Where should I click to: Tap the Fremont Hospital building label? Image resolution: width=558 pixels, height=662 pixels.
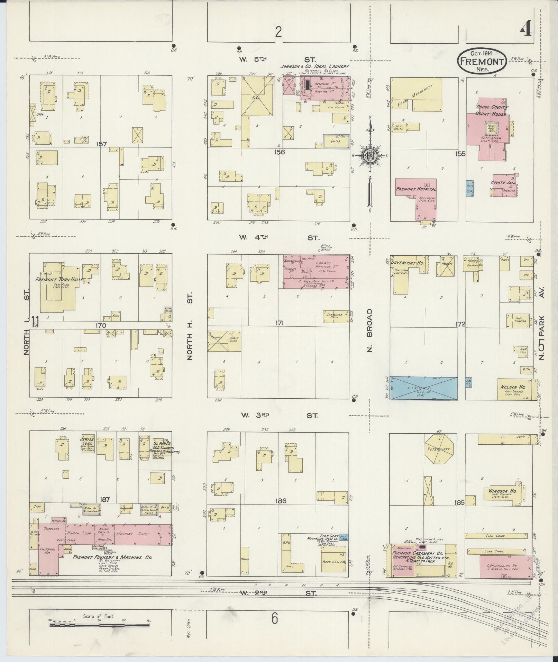click(416, 189)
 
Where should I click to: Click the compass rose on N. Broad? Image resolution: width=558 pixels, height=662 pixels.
click(370, 157)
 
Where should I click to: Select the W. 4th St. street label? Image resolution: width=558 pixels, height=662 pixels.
click(278, 237)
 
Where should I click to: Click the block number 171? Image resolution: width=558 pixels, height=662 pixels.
click(279, 323)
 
